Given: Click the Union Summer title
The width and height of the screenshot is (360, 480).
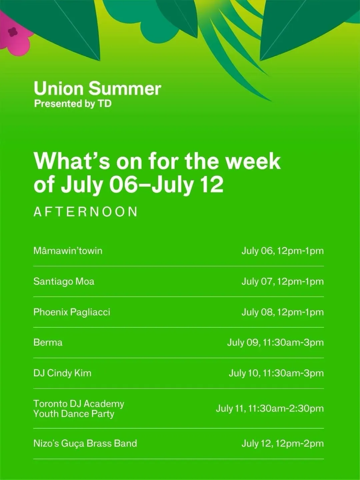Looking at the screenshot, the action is pyautogui.click(x=97, y=89).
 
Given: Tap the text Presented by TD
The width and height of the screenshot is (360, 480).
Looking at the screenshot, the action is pyautogui.click(x=73, y=104).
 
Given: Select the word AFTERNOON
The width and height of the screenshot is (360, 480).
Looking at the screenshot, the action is pyautogui.click(x=85, y=212).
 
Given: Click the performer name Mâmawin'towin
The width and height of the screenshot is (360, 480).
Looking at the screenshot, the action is pyautogui.click(x=68, y=251).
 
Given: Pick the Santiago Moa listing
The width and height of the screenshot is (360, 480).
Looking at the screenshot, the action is pyautogui.click(x=64, y=281).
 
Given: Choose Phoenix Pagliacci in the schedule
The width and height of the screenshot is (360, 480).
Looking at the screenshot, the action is pyautogui.click(x=72, y=312).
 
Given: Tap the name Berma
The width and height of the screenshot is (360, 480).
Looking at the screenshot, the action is pyautogui.click(x=48, y=342).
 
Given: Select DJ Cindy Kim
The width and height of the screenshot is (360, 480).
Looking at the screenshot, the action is pyautogui.click(x=62, y=373).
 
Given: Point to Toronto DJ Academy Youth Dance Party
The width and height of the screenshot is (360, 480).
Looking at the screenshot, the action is pyautogui.click(x=79, y=409).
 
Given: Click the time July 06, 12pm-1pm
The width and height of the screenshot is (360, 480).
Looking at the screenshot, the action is pyautogui.click(x=283, y=251).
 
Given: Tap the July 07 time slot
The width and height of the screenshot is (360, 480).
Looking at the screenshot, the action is pyautogui.click(x=283, y=281).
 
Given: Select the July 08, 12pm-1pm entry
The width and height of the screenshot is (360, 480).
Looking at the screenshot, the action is pyautogui.click(x=283, y=312).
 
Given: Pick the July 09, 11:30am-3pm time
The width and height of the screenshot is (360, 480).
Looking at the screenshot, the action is pyautogui.click(x=275, y=342).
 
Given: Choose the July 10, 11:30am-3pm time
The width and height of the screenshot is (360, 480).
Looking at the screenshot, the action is pyautogui.click(x=276, y=373).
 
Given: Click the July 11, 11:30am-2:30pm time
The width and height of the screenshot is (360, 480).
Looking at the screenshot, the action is pyautogui.click(x=270, y=408).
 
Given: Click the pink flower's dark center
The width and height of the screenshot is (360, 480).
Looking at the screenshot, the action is pyautogui.click(x=12, y=32).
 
